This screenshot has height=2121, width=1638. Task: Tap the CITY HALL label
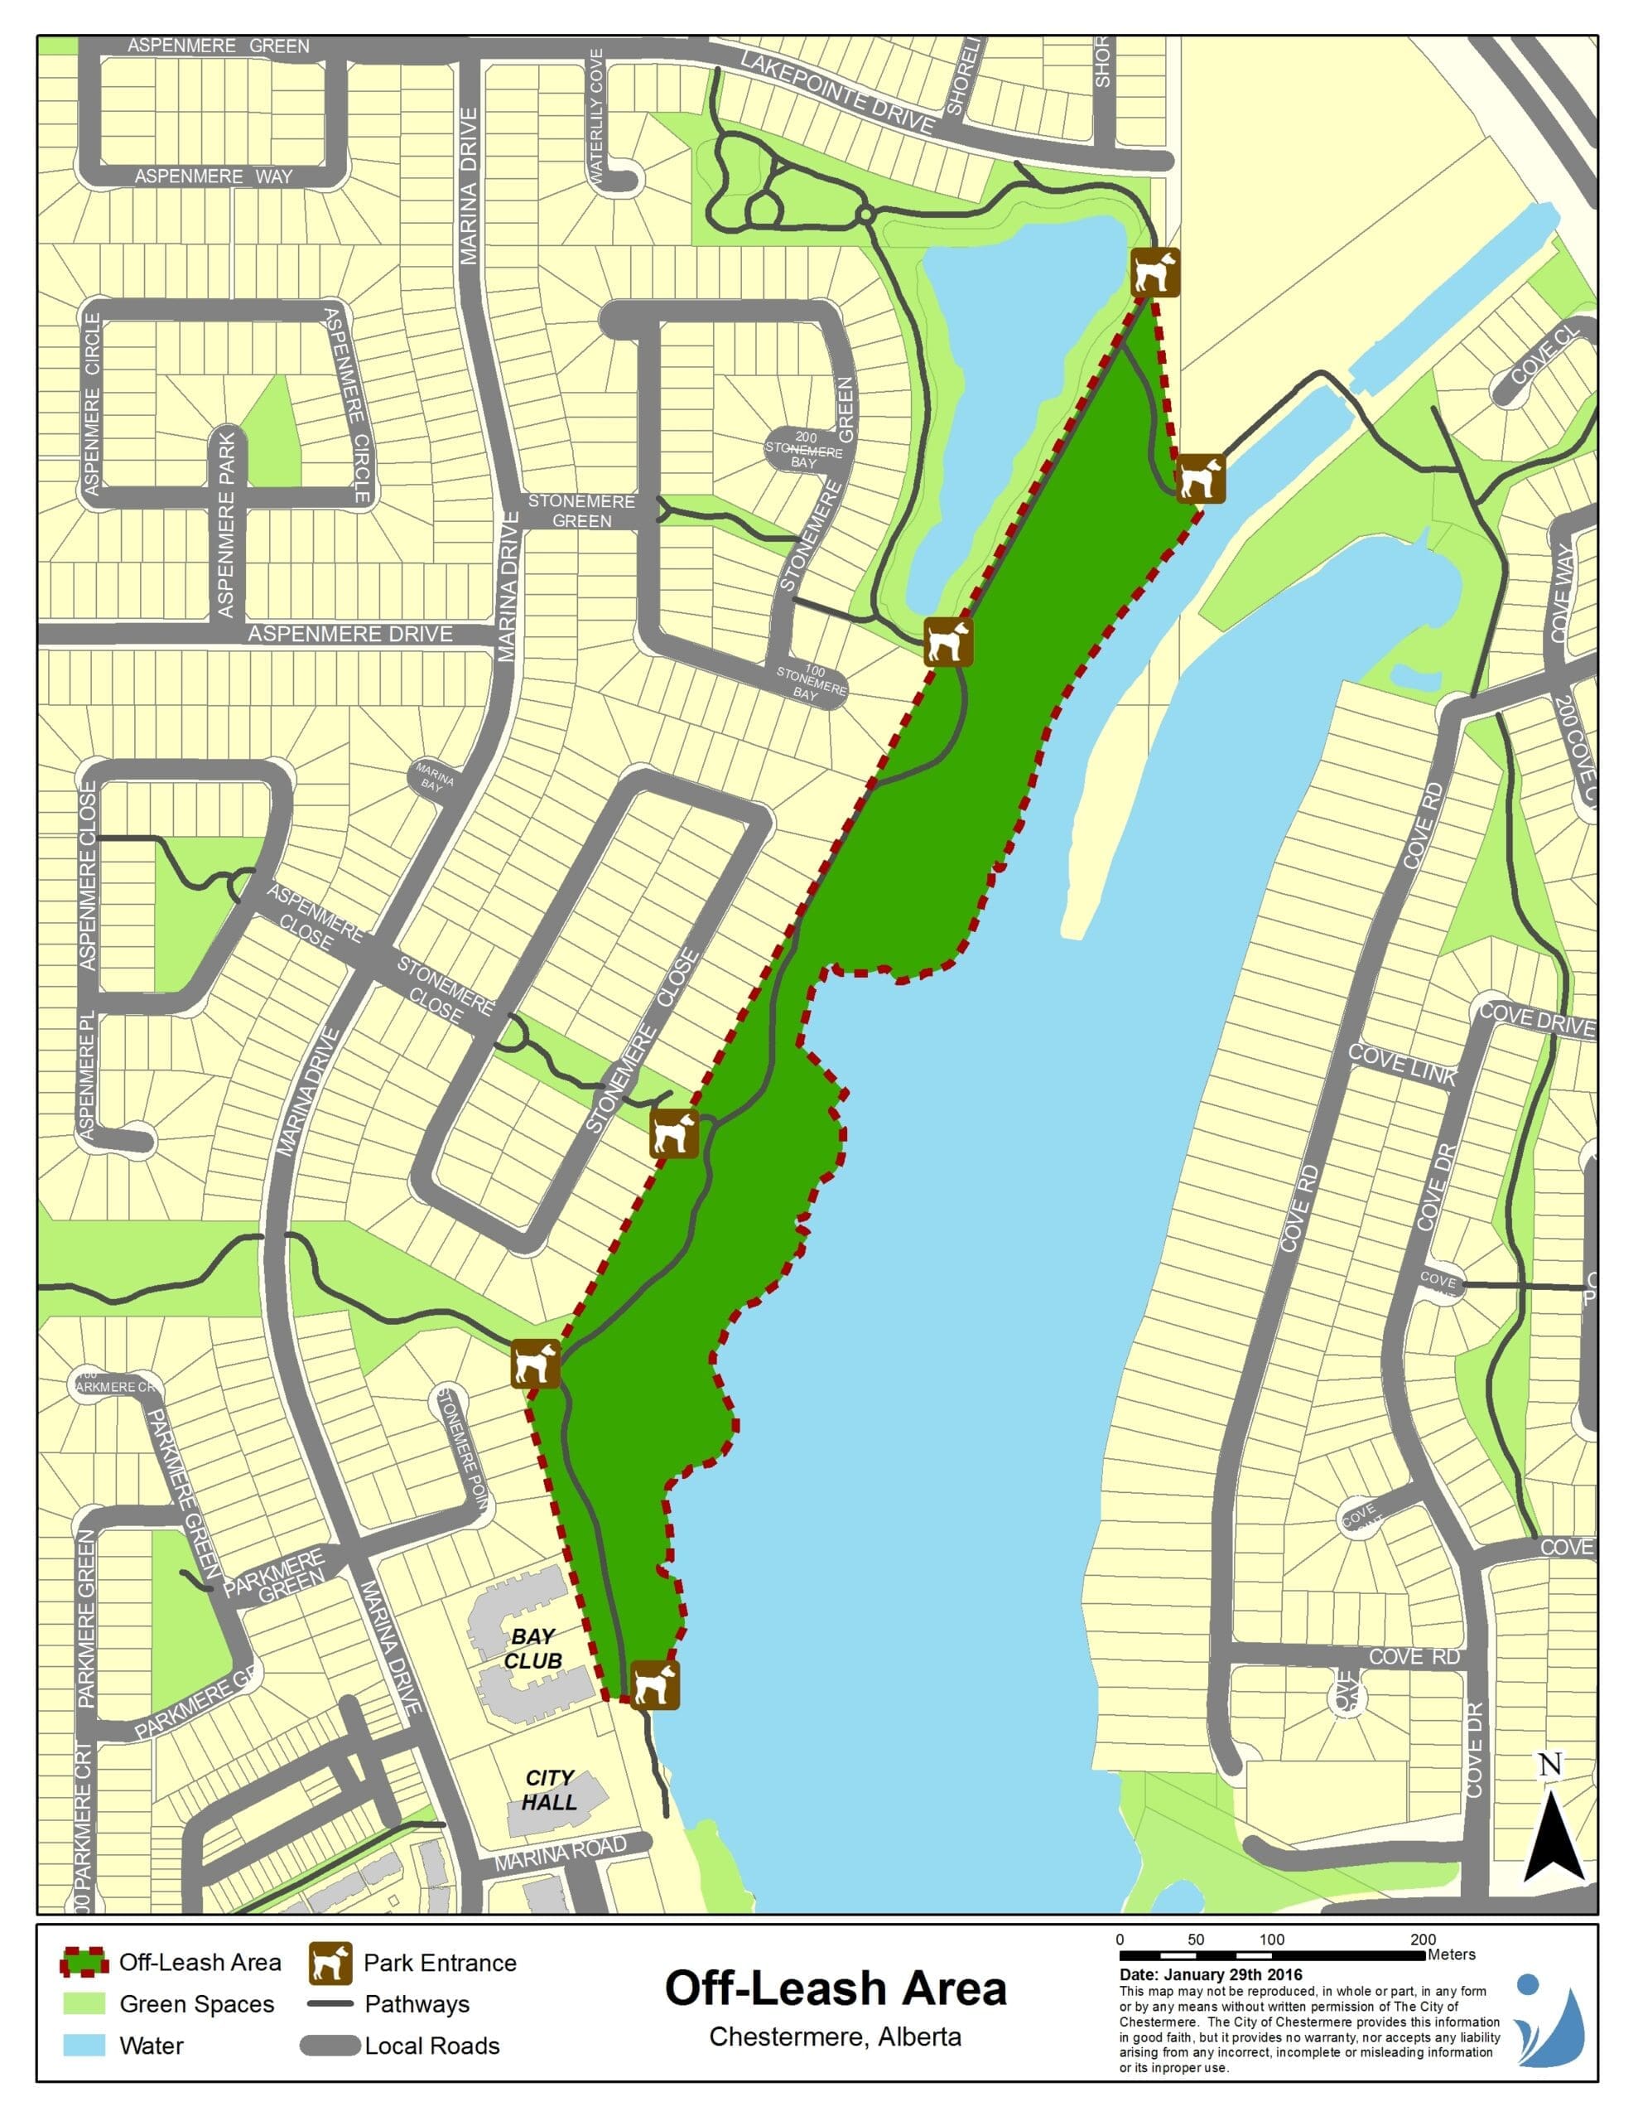tap(550, 1790)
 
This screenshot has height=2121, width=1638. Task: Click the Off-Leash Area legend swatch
tap(84, 1964)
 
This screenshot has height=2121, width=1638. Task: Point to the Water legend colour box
tap(84, 2046)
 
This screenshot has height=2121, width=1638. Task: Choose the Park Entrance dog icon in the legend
tap(330, 1964)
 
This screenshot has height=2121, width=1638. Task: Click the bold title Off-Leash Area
tap(835, 1988)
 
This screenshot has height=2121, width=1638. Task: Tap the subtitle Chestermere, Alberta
tap(835, 2036)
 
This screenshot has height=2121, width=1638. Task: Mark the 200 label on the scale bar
tap(1424, 1940)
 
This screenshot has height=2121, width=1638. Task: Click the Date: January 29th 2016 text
tap(1211, 1974)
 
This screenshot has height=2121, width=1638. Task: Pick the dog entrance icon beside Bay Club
tap(655, 1685)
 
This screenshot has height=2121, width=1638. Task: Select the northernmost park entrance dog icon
tap(1155, 272)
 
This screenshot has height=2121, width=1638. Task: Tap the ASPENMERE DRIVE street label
tap(350, 634)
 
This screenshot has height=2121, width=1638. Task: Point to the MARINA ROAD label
tap(561, 1853)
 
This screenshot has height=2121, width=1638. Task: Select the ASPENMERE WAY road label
tap(214, 176)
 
